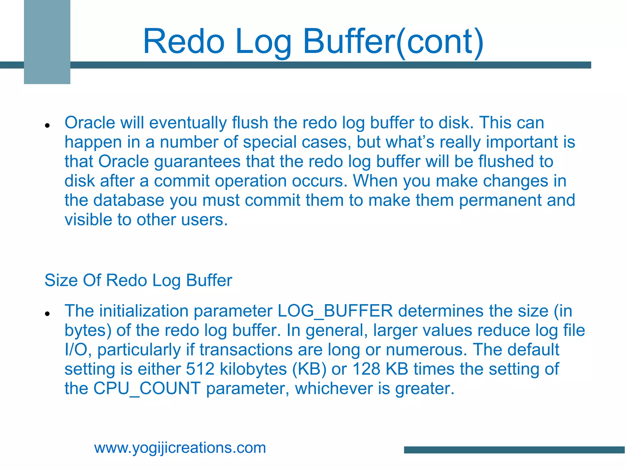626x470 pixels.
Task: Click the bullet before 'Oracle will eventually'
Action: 47,125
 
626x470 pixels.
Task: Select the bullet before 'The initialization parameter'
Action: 47,314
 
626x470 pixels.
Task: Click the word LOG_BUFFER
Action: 335,311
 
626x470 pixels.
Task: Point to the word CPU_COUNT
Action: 147,388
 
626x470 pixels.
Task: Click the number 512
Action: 200,369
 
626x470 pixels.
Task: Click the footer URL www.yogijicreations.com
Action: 180,448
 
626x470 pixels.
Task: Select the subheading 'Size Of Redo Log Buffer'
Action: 138,280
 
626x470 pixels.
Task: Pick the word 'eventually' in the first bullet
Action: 188,123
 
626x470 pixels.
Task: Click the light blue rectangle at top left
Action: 47,42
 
